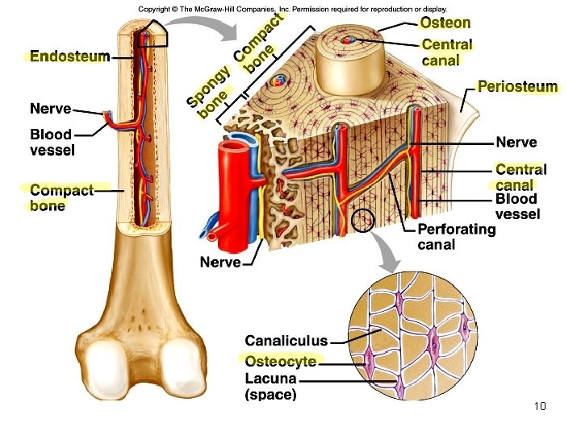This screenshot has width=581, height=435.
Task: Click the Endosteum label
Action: (69, 57)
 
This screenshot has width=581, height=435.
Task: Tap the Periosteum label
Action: (517, 86)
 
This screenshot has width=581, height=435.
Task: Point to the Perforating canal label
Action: (456, 237)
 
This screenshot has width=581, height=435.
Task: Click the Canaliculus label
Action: (286, 341)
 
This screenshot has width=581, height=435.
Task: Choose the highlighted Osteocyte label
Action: (280, 360)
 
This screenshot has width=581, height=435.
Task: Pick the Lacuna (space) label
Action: (270, 386)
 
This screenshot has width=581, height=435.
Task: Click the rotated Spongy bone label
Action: (211, 89)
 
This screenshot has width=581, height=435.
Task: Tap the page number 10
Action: (540, 405)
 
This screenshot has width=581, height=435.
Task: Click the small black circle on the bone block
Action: (363, 219)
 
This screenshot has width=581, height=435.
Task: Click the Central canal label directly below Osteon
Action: (446, 52)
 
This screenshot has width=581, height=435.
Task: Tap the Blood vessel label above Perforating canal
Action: (517, 206)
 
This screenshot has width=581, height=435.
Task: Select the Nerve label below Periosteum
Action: (516, 143)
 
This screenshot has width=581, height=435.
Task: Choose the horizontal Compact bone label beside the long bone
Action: (61, 197)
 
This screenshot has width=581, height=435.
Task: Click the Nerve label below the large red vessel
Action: (220, 263)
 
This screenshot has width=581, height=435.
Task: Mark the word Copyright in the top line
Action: (157, 9)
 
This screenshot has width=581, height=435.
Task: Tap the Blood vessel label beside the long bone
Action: (52, 142)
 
